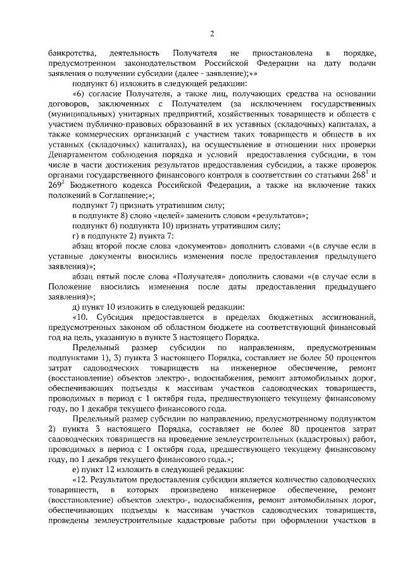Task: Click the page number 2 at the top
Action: (x=213, y=33)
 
